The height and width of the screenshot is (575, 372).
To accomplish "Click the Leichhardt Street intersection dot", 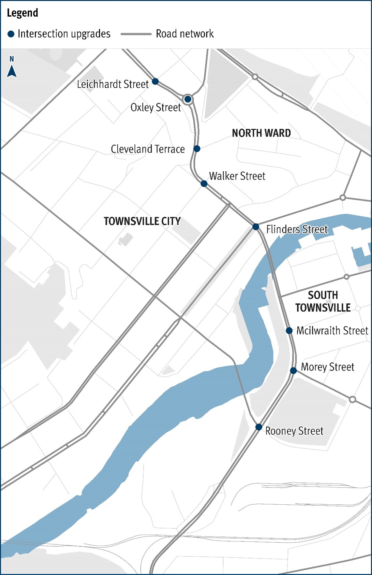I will coord(156,81).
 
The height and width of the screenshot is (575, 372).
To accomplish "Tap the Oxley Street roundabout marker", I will coord(188,99).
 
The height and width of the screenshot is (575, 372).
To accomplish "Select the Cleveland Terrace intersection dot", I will coord(197,149).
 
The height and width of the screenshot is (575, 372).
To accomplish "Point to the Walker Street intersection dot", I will coord(204,184).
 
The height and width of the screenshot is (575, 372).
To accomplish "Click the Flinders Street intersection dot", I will coord(256,227).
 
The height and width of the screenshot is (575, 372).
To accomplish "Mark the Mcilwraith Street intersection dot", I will coord(289,331).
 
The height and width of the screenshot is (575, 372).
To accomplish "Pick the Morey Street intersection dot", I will coord(293,370).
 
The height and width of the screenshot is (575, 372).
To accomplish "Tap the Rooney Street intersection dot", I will coord(259,427).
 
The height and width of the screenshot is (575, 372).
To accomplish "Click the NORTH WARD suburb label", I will coord(261,133).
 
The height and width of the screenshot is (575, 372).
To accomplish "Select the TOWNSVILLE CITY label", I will coord(142,221).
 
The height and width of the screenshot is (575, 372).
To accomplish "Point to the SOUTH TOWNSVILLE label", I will coord(323,301).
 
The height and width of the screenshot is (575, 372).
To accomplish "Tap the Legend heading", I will coord(22,13).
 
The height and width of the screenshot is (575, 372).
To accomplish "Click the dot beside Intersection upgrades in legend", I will coord(11,34).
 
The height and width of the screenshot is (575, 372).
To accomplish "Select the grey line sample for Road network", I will coord(136,34).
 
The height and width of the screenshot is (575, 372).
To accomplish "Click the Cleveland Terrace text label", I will coord(148,149).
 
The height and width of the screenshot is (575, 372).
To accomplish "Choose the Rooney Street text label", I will coord(294,431).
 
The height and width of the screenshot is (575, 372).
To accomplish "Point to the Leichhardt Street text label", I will coord(112,84).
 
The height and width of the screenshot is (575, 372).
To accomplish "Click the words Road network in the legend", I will coord(185,34).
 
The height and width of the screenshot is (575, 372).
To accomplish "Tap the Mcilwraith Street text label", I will coord(332,331).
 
